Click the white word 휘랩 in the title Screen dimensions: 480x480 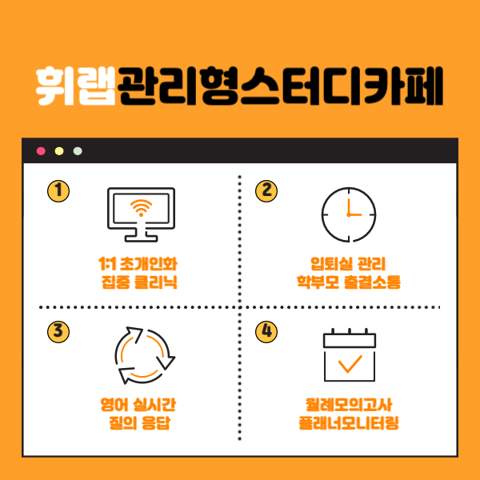[x=76, y=86]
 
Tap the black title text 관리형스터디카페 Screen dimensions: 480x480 [x=280, y=86]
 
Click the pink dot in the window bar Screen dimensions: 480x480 [x=41, y=151]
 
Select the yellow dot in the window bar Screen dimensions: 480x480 [x=59, y=151]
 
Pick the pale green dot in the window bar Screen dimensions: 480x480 [x=78, y=151]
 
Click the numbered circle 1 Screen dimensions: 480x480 [x=58, y=191]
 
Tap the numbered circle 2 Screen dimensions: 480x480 [x=266, y=191]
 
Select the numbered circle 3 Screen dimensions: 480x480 [x=58, y=332]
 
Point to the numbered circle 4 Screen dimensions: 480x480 [x=266, y=332]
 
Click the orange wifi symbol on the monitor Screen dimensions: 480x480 [x=141, y=208]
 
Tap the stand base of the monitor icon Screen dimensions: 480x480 [x=141, y=238]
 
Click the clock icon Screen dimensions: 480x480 [x=349, y=214]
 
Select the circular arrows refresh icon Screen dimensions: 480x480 [x=145, y=355]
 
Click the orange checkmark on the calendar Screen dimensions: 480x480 [x=350, y=364]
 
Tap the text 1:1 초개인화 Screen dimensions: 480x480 [x=138, y=264]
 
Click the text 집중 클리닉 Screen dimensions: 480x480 [x=139, y=282]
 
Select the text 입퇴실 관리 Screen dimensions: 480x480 [x=348, y=264]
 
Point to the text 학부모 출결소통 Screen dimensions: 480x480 [x=349, y=282]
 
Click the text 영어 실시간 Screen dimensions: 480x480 [x=138, y=405]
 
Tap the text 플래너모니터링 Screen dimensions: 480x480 [x=349, y=423]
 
